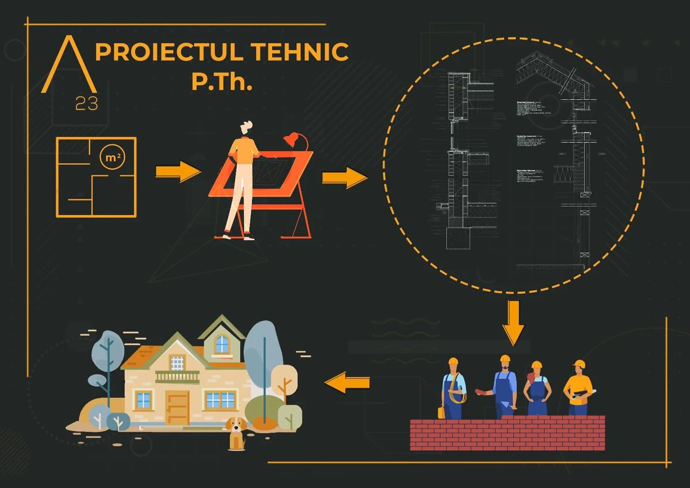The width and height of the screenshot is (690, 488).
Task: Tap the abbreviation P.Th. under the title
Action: click(221, 81)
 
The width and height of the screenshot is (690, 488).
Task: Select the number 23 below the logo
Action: click(87, 103)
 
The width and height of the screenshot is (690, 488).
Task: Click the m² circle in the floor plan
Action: click(113, 157)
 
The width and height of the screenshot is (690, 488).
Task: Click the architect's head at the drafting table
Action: click(246, 128)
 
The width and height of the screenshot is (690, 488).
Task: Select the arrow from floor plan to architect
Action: click(178, 171)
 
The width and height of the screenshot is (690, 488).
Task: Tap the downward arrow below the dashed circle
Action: click(514, 323)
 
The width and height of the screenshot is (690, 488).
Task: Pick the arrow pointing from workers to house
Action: click(347, 383)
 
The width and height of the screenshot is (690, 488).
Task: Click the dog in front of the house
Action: click(236, 432)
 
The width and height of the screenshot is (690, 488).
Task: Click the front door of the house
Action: click(177, 407)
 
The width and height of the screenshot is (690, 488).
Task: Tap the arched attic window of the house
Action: click(221, 344)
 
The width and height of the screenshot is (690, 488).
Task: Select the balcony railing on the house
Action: click(177, 377)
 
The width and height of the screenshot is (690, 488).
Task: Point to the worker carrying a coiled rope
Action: click(454, 388)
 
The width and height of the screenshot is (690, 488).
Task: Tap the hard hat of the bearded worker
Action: click(505, 359)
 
